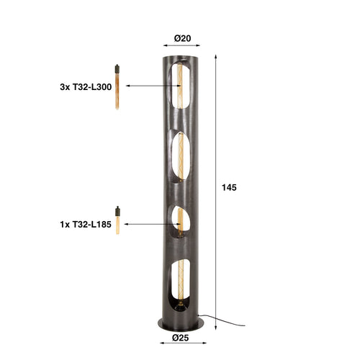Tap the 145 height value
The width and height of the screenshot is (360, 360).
point(228,187)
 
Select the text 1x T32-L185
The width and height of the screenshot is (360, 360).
point(86,223)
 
